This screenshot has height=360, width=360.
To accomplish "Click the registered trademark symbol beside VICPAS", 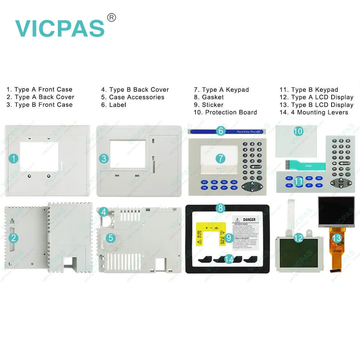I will coord(112,17).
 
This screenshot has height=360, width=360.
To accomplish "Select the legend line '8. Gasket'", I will coord(208,97).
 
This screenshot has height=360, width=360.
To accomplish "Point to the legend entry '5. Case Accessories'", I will coord(132,97).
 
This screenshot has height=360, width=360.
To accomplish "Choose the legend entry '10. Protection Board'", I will coord(225,112).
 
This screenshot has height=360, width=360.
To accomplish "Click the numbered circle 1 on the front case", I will coord(13,158).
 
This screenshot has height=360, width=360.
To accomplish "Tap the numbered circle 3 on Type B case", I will coord(104,158).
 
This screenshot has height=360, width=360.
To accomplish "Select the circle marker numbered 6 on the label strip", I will coord(221,131).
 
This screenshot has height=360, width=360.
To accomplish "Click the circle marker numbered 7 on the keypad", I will coord(221,158).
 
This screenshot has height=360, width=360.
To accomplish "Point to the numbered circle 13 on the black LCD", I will coord(336,238).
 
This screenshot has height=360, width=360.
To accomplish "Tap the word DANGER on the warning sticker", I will coord(249,220).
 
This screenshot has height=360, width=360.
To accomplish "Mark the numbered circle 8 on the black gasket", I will coord(221,208).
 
